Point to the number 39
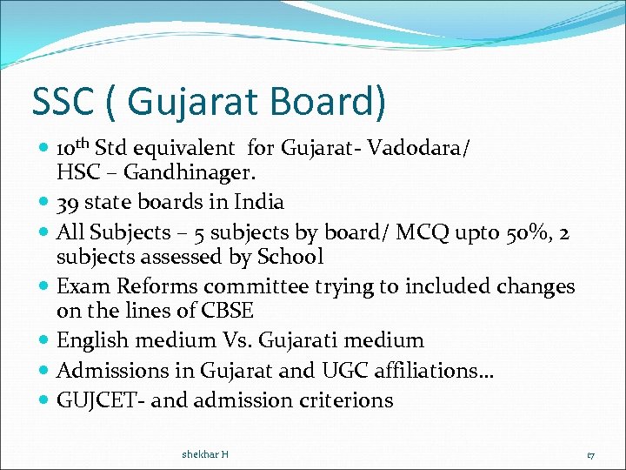69,203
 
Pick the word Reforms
144,286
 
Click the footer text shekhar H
205,454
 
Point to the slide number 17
590,454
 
